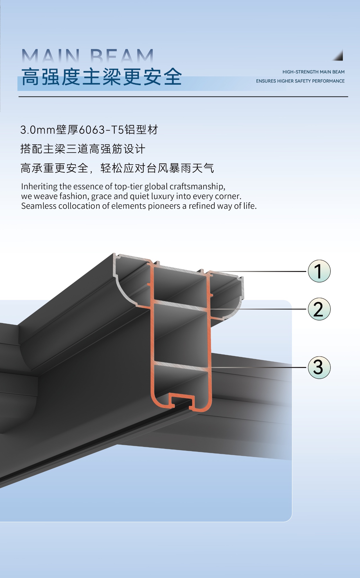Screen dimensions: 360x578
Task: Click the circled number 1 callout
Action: tap(319, 271)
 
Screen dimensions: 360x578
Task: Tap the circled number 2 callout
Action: tap(319, 309)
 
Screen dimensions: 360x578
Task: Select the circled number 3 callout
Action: tap(319, 367)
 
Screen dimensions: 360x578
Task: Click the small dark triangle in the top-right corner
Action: tap(338, 56)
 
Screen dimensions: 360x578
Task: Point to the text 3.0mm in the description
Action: tap(38, 130)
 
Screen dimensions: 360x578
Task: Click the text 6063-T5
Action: tap(101, 130)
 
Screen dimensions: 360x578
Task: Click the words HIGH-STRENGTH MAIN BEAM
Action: tap(314, 72)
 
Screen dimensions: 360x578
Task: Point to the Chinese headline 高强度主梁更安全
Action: tap(102, 77)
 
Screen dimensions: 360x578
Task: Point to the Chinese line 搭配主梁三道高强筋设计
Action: tap(83, 149)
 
